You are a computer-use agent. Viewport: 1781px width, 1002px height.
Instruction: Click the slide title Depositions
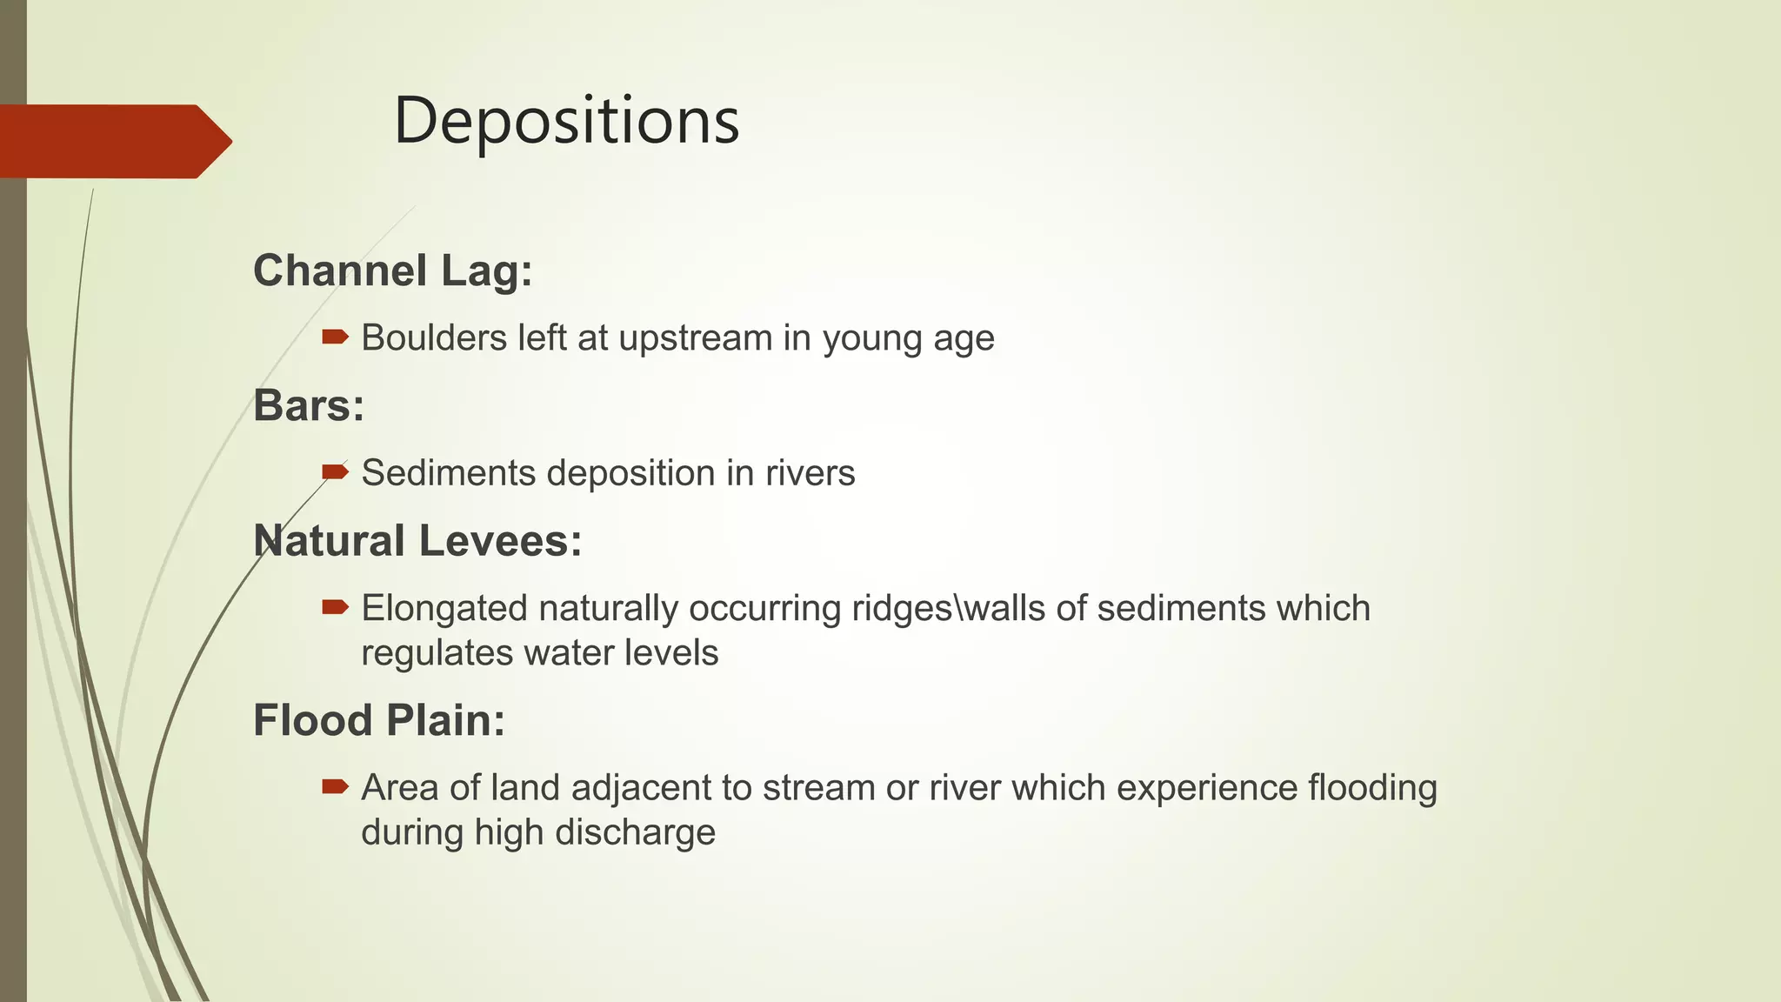point(566,120)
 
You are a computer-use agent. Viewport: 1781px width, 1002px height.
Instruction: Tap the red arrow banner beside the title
point(113,141)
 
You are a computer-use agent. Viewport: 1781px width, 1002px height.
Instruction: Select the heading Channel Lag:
point(392,271)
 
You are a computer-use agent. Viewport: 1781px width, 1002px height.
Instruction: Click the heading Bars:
point(309,405)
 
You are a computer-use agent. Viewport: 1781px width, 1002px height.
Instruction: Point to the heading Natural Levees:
point(417,541)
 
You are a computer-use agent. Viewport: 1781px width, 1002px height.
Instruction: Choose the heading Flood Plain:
point(379,720)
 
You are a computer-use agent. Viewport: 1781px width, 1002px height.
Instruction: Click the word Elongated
point(444,609)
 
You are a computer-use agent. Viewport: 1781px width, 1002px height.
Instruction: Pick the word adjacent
point(643,788)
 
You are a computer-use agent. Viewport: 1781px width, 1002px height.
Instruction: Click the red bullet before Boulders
point(335,336)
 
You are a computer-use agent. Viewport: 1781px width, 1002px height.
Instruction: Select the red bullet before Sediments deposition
point(335,471)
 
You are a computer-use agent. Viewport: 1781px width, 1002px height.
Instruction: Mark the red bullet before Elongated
point(335,606)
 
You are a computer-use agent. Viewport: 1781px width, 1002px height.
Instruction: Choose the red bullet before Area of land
point(335,786)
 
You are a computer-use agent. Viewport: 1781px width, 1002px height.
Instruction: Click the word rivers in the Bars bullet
point(810,473)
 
